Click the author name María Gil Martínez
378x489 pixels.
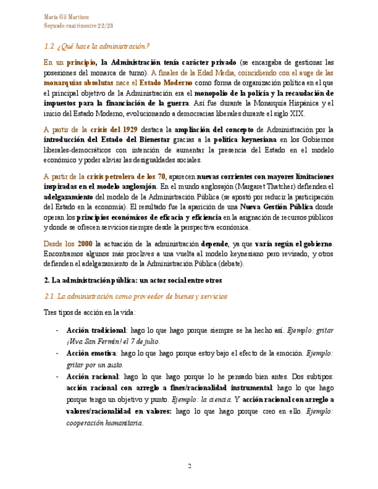(x=66, y=16)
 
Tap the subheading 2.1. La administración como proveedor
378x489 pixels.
(x=136, y=296)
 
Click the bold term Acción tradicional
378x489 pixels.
(x=96, y=330)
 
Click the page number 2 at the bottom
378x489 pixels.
(x=188, y=465)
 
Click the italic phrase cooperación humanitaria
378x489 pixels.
(x=104, y=423)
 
